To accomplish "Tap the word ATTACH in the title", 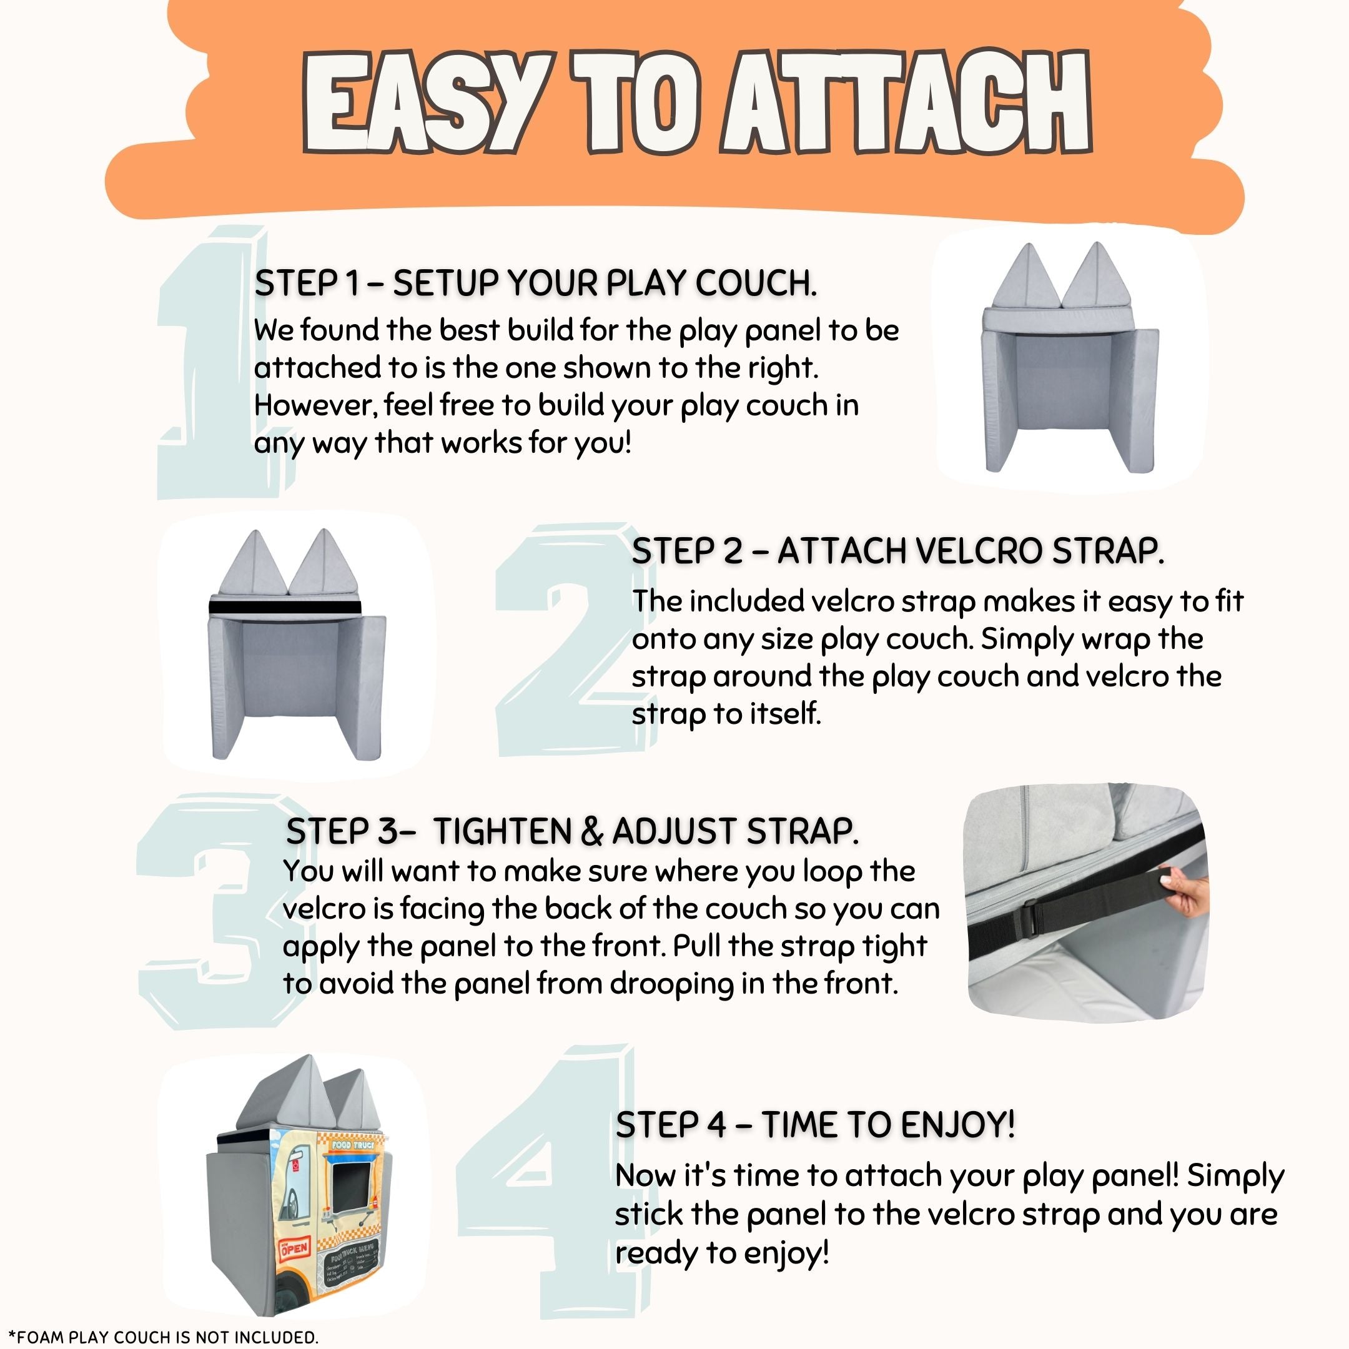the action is pos(906,101).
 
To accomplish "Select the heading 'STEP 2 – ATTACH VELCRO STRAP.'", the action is pos(898,551).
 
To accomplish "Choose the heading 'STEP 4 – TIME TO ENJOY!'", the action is pos(815,1125).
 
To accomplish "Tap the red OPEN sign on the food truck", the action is pos(294,1248).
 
